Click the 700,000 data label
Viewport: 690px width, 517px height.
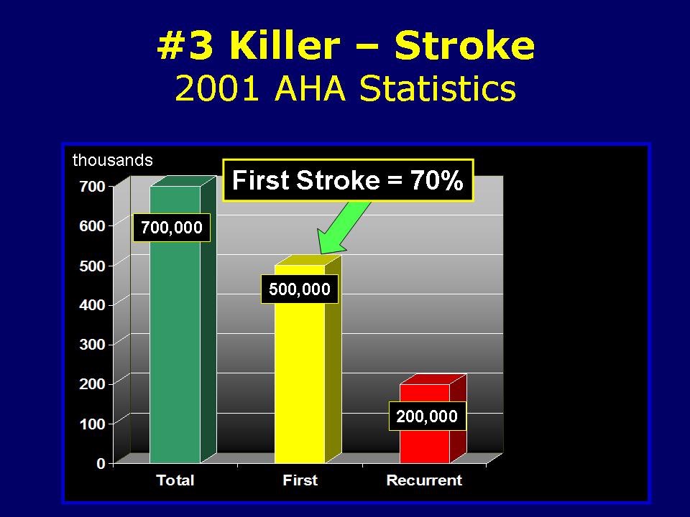click(x=172, y=228)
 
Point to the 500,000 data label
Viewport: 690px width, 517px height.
click(x=299, y=289)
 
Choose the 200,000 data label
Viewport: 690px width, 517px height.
click(x=427, y=416)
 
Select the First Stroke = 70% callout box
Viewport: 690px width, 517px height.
click(x=349, y=180)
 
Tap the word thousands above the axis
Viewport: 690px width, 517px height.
click(x=113, y=160)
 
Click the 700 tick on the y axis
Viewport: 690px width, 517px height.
click(x=96, y=186)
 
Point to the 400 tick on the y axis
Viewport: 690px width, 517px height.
click(x=96, y=305)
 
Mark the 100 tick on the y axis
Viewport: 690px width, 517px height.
click(x=96, y=424)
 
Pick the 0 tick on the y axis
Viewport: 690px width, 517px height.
click(x=101, y=463)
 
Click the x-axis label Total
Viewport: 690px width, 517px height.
click(x=175, y=480)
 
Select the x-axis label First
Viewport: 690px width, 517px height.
click(x=300, y=480)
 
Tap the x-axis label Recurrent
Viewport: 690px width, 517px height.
click(x=424, y=480)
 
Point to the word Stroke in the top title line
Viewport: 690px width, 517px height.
click(x=465, y=46)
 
